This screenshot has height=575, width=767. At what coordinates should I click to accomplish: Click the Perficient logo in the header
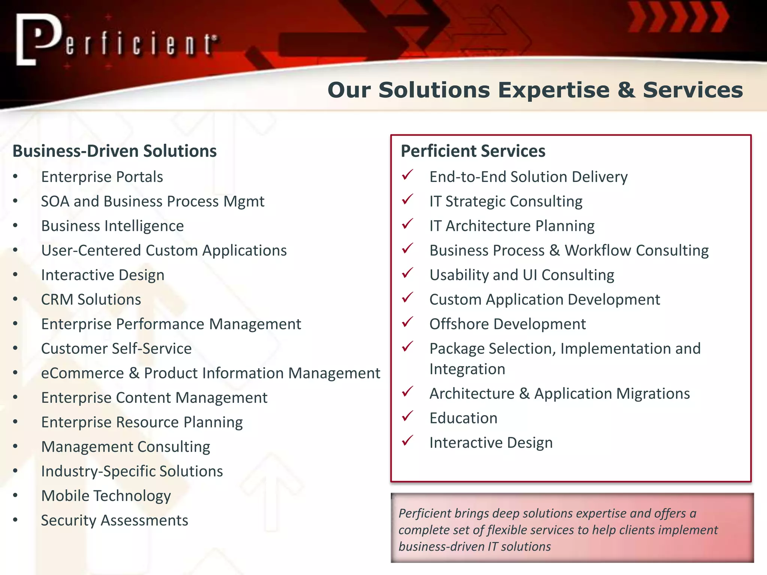[116, 40]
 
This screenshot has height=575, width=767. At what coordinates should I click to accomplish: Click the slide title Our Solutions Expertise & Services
[535, 90]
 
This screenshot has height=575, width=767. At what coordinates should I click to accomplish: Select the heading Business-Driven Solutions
[115, 151]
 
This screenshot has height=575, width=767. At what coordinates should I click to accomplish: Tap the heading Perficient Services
[473, 151]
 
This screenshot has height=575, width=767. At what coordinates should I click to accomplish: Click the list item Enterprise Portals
[102, 177]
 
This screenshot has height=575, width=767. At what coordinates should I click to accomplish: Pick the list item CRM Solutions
[91, 300]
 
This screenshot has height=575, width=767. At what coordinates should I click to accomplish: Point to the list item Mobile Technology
[106, 496]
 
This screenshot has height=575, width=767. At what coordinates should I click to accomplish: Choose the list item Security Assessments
[115, 521]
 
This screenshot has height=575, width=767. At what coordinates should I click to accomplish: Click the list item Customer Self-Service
[116, 349]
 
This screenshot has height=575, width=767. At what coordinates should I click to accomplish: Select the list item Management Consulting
[125, 447]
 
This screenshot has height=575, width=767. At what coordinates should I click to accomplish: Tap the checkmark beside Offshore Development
[407, 322]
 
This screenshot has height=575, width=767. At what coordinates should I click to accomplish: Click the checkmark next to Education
[407, 416]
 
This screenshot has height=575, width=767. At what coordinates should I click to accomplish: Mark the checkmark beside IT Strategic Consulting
[407, 199]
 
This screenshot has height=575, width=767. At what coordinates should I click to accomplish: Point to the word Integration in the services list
[467, 369]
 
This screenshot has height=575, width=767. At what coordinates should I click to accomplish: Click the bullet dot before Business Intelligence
[15, 226]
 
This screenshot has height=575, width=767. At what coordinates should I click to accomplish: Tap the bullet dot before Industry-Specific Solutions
[15, 471]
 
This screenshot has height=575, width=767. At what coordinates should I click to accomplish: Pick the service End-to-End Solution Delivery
[528, 177]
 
